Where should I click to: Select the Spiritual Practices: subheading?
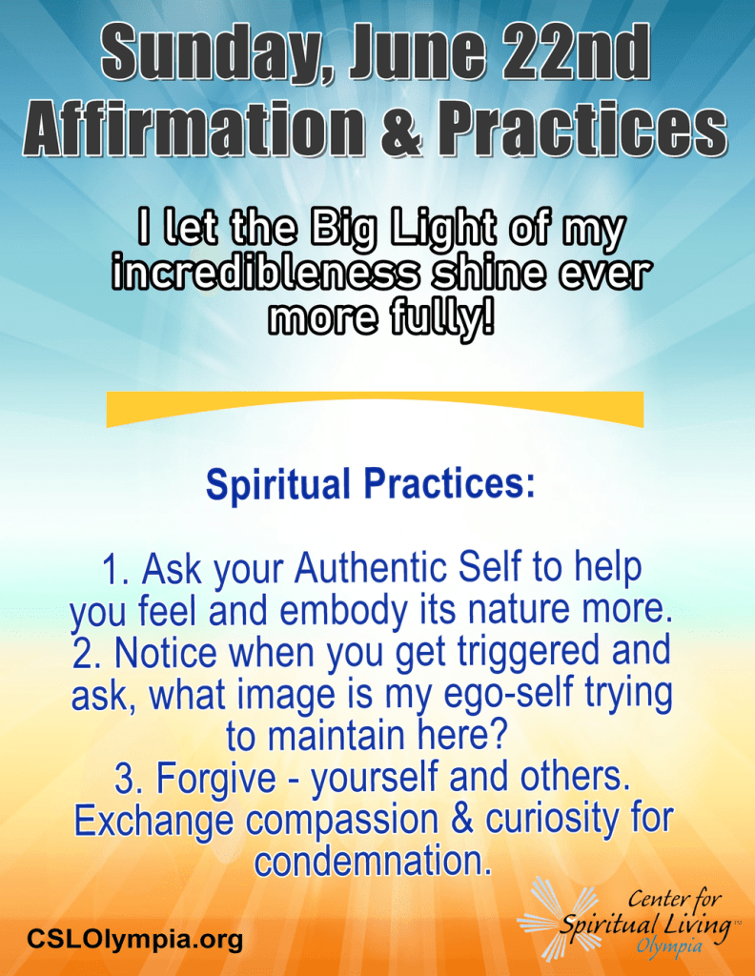click(370, 484)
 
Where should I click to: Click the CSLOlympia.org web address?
click(134, 938)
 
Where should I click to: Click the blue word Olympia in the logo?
click(669, 946)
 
